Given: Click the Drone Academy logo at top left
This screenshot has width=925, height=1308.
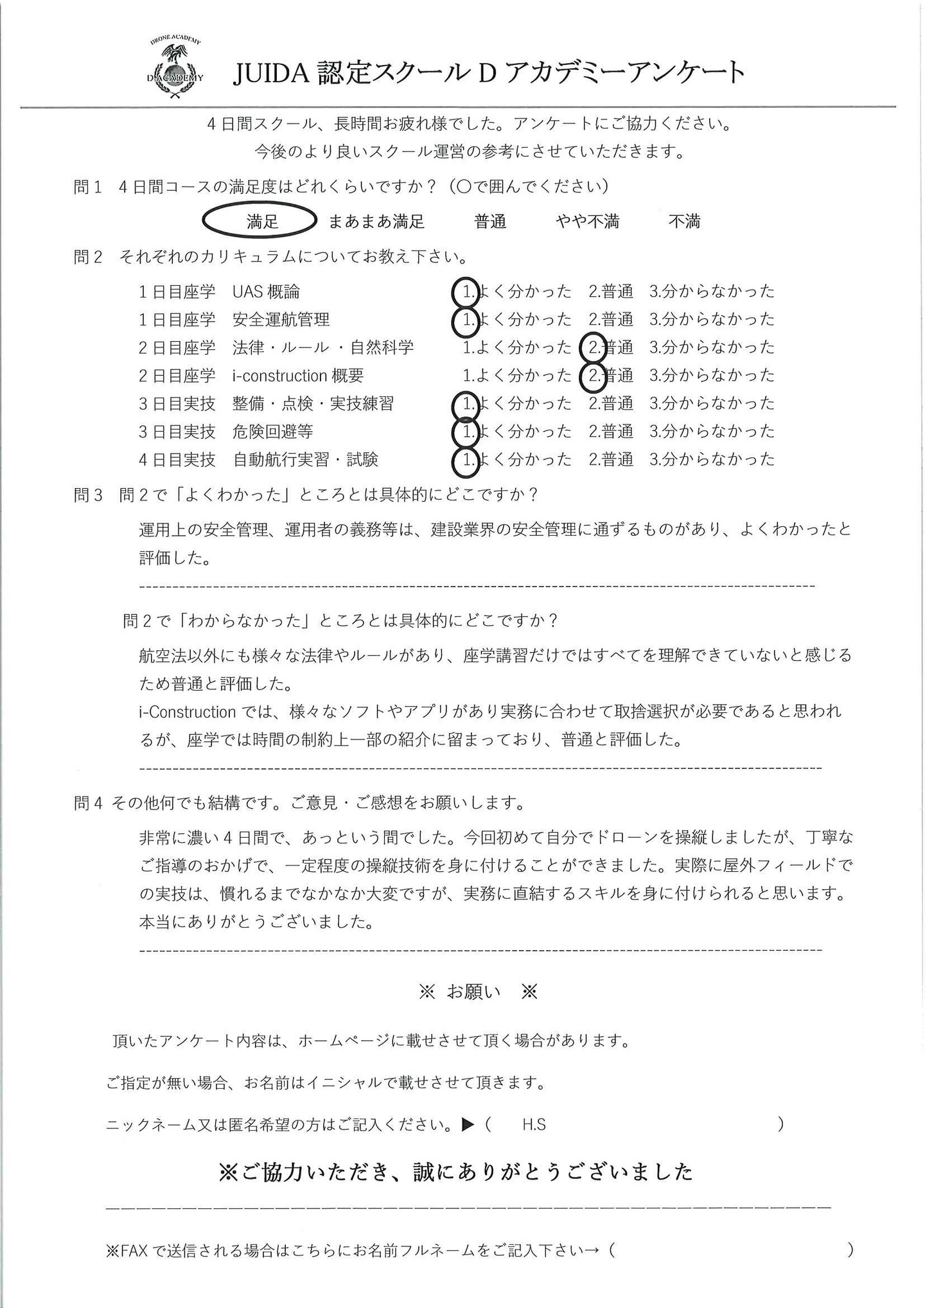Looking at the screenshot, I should (x=175, y=68).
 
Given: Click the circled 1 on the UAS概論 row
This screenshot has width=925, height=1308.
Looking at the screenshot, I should (x=466, y=292).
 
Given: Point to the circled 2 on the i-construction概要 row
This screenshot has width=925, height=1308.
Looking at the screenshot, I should (x=594, y=375).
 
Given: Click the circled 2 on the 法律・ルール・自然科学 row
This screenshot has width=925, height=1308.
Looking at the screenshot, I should (x=594, y=348).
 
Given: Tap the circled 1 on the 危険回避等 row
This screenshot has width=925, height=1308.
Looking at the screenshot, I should (x=466, y=432).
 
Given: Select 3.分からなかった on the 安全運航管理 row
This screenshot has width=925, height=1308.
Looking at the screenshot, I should (x=712, y=319).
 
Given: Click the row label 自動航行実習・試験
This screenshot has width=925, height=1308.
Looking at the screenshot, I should (x=305, y=460).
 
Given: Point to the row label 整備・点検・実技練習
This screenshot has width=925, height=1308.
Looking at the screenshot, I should (x=313, y=404).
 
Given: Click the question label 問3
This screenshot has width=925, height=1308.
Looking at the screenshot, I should (x=88, y=495).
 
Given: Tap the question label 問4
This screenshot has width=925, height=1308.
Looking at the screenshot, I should (x=88, y=803).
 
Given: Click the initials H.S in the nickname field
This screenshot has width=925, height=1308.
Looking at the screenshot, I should (x=534, y=1125).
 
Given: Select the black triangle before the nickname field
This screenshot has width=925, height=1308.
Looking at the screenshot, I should (x=468, y=1125).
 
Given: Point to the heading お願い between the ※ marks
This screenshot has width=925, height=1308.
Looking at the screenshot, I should (x=473, y=992).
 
